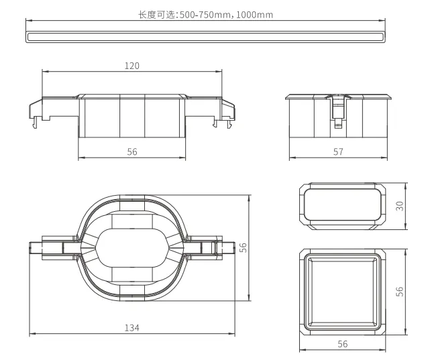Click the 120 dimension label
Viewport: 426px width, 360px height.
tap(131, 66)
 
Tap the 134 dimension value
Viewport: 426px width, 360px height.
tap(131, 328)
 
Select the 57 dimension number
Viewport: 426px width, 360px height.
tap(338, 152)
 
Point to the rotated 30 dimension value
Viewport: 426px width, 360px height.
tap(400, 206)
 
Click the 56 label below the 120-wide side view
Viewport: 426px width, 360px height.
tap(132, 152)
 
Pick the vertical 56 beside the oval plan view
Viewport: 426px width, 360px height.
tap(243, 247)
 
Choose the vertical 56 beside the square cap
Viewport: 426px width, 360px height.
tap(400, 292)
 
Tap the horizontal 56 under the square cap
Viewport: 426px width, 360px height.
tap(343, 345)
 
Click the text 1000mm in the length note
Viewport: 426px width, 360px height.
tap(254, 15)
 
